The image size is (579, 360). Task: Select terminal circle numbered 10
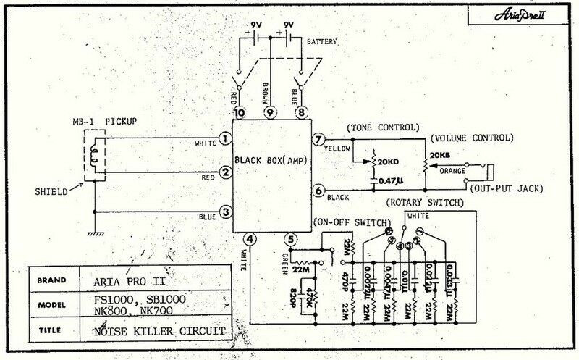(239, 113)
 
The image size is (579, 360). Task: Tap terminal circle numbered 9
(270, 113)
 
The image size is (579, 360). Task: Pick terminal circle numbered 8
(301, 113)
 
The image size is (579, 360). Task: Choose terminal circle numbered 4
(249, 238)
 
